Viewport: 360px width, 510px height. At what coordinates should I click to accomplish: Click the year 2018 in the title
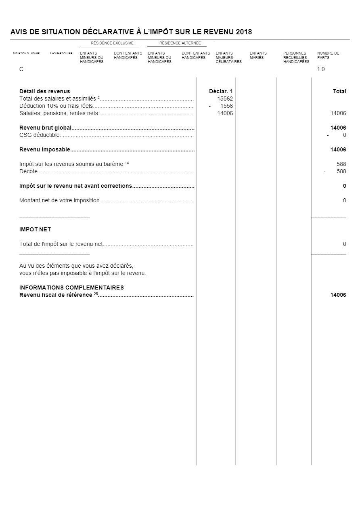point(244,32)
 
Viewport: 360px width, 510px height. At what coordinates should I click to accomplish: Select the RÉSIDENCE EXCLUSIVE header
point(112,43)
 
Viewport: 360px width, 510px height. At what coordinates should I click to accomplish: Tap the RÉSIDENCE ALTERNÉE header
point(180,43)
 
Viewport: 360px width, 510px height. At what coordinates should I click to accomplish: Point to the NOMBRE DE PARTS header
point(328,55)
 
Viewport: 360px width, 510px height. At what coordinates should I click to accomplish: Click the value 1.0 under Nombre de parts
point(321,69)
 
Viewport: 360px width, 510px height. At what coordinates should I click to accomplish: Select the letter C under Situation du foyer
point(21,69)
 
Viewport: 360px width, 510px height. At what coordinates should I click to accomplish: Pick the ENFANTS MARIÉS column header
point(258,55)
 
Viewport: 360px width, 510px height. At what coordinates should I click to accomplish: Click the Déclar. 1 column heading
point(221,92)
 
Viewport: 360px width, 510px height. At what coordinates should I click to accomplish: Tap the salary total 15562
point(225,99)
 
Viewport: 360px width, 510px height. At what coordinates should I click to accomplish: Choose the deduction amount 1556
point(226,106)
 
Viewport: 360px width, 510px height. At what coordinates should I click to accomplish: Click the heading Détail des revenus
point(44,92)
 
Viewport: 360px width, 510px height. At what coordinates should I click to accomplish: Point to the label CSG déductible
point(40,135)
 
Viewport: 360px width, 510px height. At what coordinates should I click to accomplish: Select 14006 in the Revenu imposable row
point(338,150)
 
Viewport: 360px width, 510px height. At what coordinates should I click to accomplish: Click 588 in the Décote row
point(341,172)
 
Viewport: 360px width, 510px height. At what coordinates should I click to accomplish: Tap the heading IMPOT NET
point(35,230)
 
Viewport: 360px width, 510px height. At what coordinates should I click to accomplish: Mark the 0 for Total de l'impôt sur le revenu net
point(344,244)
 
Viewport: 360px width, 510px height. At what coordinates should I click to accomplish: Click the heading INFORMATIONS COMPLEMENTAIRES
point(71,288)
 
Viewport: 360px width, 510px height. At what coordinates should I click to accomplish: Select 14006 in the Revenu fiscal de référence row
point(338,295)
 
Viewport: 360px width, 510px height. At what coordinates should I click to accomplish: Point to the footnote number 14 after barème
point(127,163)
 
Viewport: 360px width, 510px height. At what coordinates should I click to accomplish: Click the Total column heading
point(339,92)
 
